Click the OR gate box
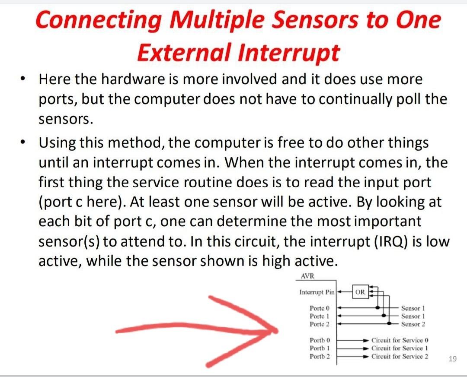[360, 292]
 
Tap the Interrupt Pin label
[317, 292]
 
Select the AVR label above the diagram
[307, 276]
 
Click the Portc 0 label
[320, 308]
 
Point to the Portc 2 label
[320, 324]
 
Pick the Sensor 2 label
[413, 324]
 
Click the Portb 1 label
[320, 348]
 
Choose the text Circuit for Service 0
[400, 340]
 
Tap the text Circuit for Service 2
[400, 356]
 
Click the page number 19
[452, 359]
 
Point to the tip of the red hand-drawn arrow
[277, 331]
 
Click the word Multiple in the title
[217, 20]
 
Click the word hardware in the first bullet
[134, 79]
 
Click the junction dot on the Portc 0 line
[378, 307]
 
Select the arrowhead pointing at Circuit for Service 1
[366, 348]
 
